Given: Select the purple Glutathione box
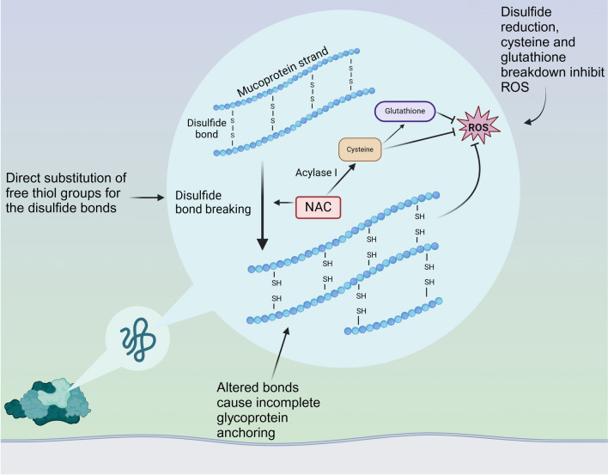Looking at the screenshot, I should [x=404, y=111].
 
